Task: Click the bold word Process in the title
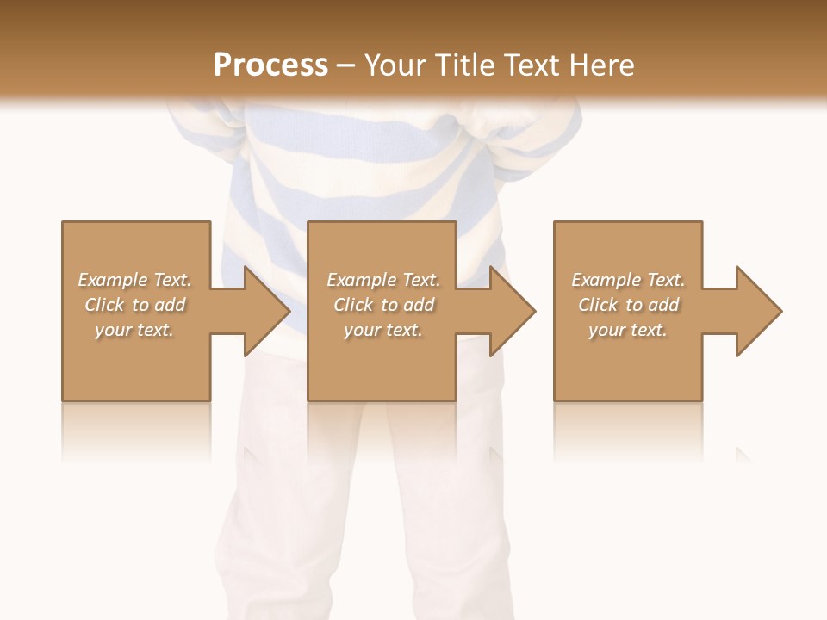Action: coord(270,65)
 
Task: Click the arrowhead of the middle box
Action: coord(511,311)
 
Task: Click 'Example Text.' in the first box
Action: coord(134,280)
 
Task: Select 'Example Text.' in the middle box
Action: coord(383,280)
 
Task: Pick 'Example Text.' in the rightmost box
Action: coord(628,280)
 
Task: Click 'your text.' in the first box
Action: coord(134,330)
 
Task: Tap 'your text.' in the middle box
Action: coord(383,330)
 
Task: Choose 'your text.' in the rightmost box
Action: coord(628,330)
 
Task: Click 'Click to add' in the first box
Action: coord(134,305)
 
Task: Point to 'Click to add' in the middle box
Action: coord(383,305)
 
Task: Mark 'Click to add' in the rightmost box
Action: coord(628,305)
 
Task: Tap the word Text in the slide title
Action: coord(532,65)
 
